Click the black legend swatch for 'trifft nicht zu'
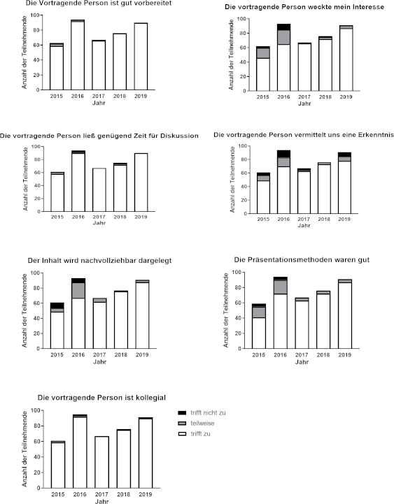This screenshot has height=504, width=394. pyautogui.click(x=182, y=412)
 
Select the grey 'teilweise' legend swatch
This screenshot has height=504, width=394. pyautogui.click(x=182, y=424)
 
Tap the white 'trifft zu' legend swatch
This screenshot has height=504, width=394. pyautogui.click(x=182, y=434)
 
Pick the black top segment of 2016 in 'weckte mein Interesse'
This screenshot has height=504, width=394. pyautogui.click(x=283, y=27)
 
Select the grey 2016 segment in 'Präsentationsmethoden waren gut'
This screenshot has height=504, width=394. pyautogui.click(x=281, y=287)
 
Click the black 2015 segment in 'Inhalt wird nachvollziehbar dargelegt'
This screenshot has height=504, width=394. pyautogui.click(x=57, y=305)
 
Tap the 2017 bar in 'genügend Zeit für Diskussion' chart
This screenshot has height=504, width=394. pyautogui.click(x=99, y=189)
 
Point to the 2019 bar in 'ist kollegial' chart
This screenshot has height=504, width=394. pyautogui.click(x=146, y=452)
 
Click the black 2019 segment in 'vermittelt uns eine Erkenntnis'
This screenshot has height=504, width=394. pyautogui.click(x=344, y=154)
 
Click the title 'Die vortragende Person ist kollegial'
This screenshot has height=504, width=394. pyautogui.click(x=101, y=398)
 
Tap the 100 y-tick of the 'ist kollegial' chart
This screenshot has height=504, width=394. pyautogui.click(x=36, y=410)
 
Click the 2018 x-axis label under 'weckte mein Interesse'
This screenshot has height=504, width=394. pyautogui.click(x=325, y=96)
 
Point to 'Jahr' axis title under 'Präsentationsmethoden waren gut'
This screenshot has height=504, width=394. pyautogui.click(x=302, y=362)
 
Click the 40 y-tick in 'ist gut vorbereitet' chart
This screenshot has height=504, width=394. pyautogui.click(x=36, y=60)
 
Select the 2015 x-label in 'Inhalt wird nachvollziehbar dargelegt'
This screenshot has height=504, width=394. pyautogui.click(x=57, y=355)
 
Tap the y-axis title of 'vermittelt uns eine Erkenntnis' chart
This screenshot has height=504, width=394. pyautogui.click(x=232, y=180)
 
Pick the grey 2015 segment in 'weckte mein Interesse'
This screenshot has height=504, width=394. pyautogui.click(x=263, y=53)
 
